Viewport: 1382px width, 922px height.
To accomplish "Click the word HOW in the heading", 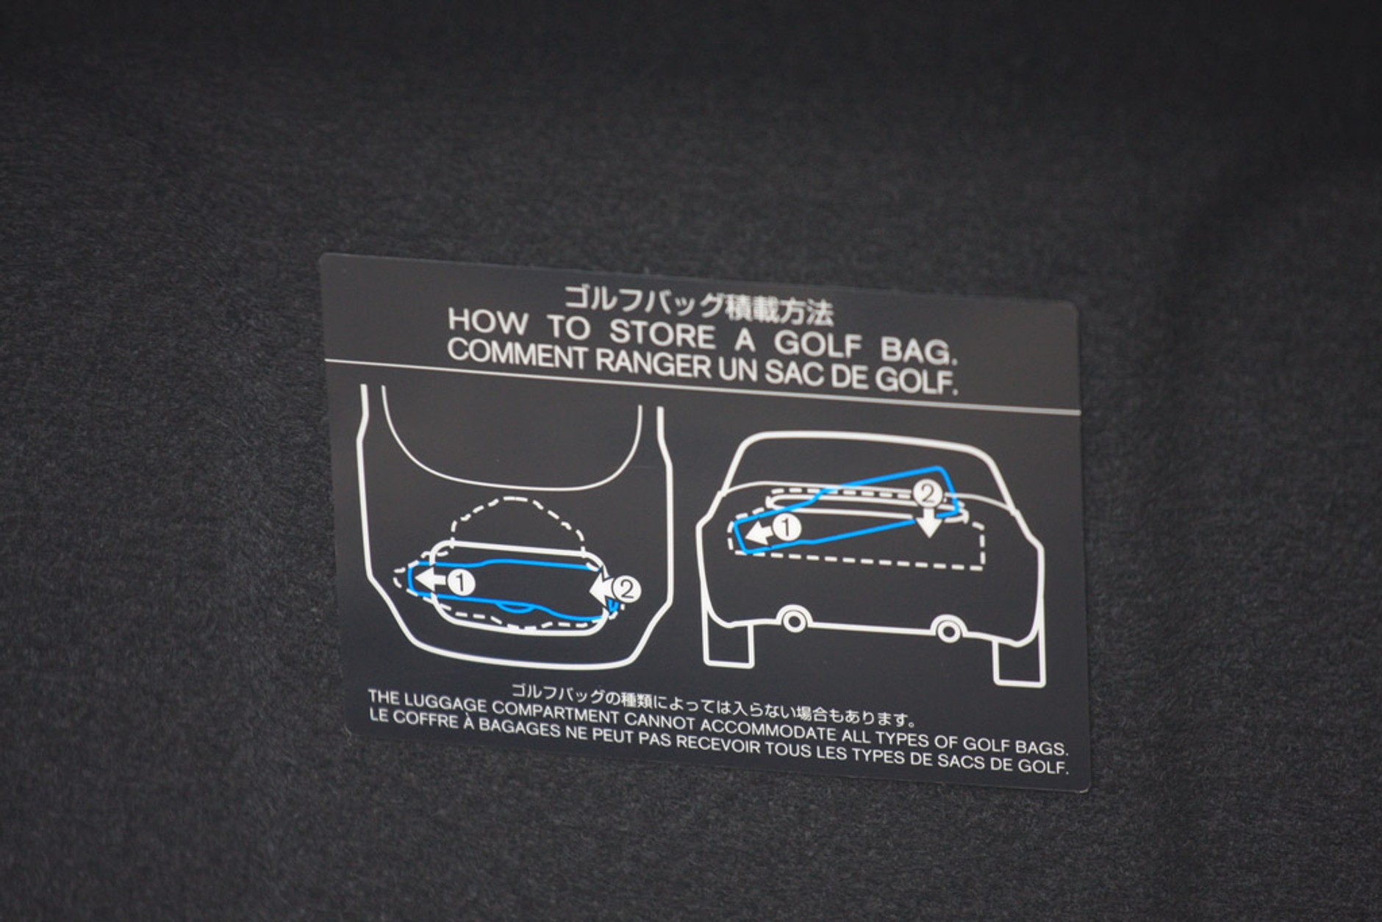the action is (487, 321).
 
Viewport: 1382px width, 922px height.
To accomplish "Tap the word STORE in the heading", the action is (661, 333).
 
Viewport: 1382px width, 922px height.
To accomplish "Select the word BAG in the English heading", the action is (918, 351).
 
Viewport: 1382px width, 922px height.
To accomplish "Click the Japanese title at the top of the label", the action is (698, 303).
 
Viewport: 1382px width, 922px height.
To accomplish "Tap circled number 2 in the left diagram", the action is (627, 590).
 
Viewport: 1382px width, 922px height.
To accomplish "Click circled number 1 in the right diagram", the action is (787, 527).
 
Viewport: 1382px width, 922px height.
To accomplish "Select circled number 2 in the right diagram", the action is (928, 493).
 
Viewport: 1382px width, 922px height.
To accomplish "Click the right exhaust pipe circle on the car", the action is (948, 629).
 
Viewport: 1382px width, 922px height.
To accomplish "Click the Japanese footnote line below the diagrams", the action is (713, 702).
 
